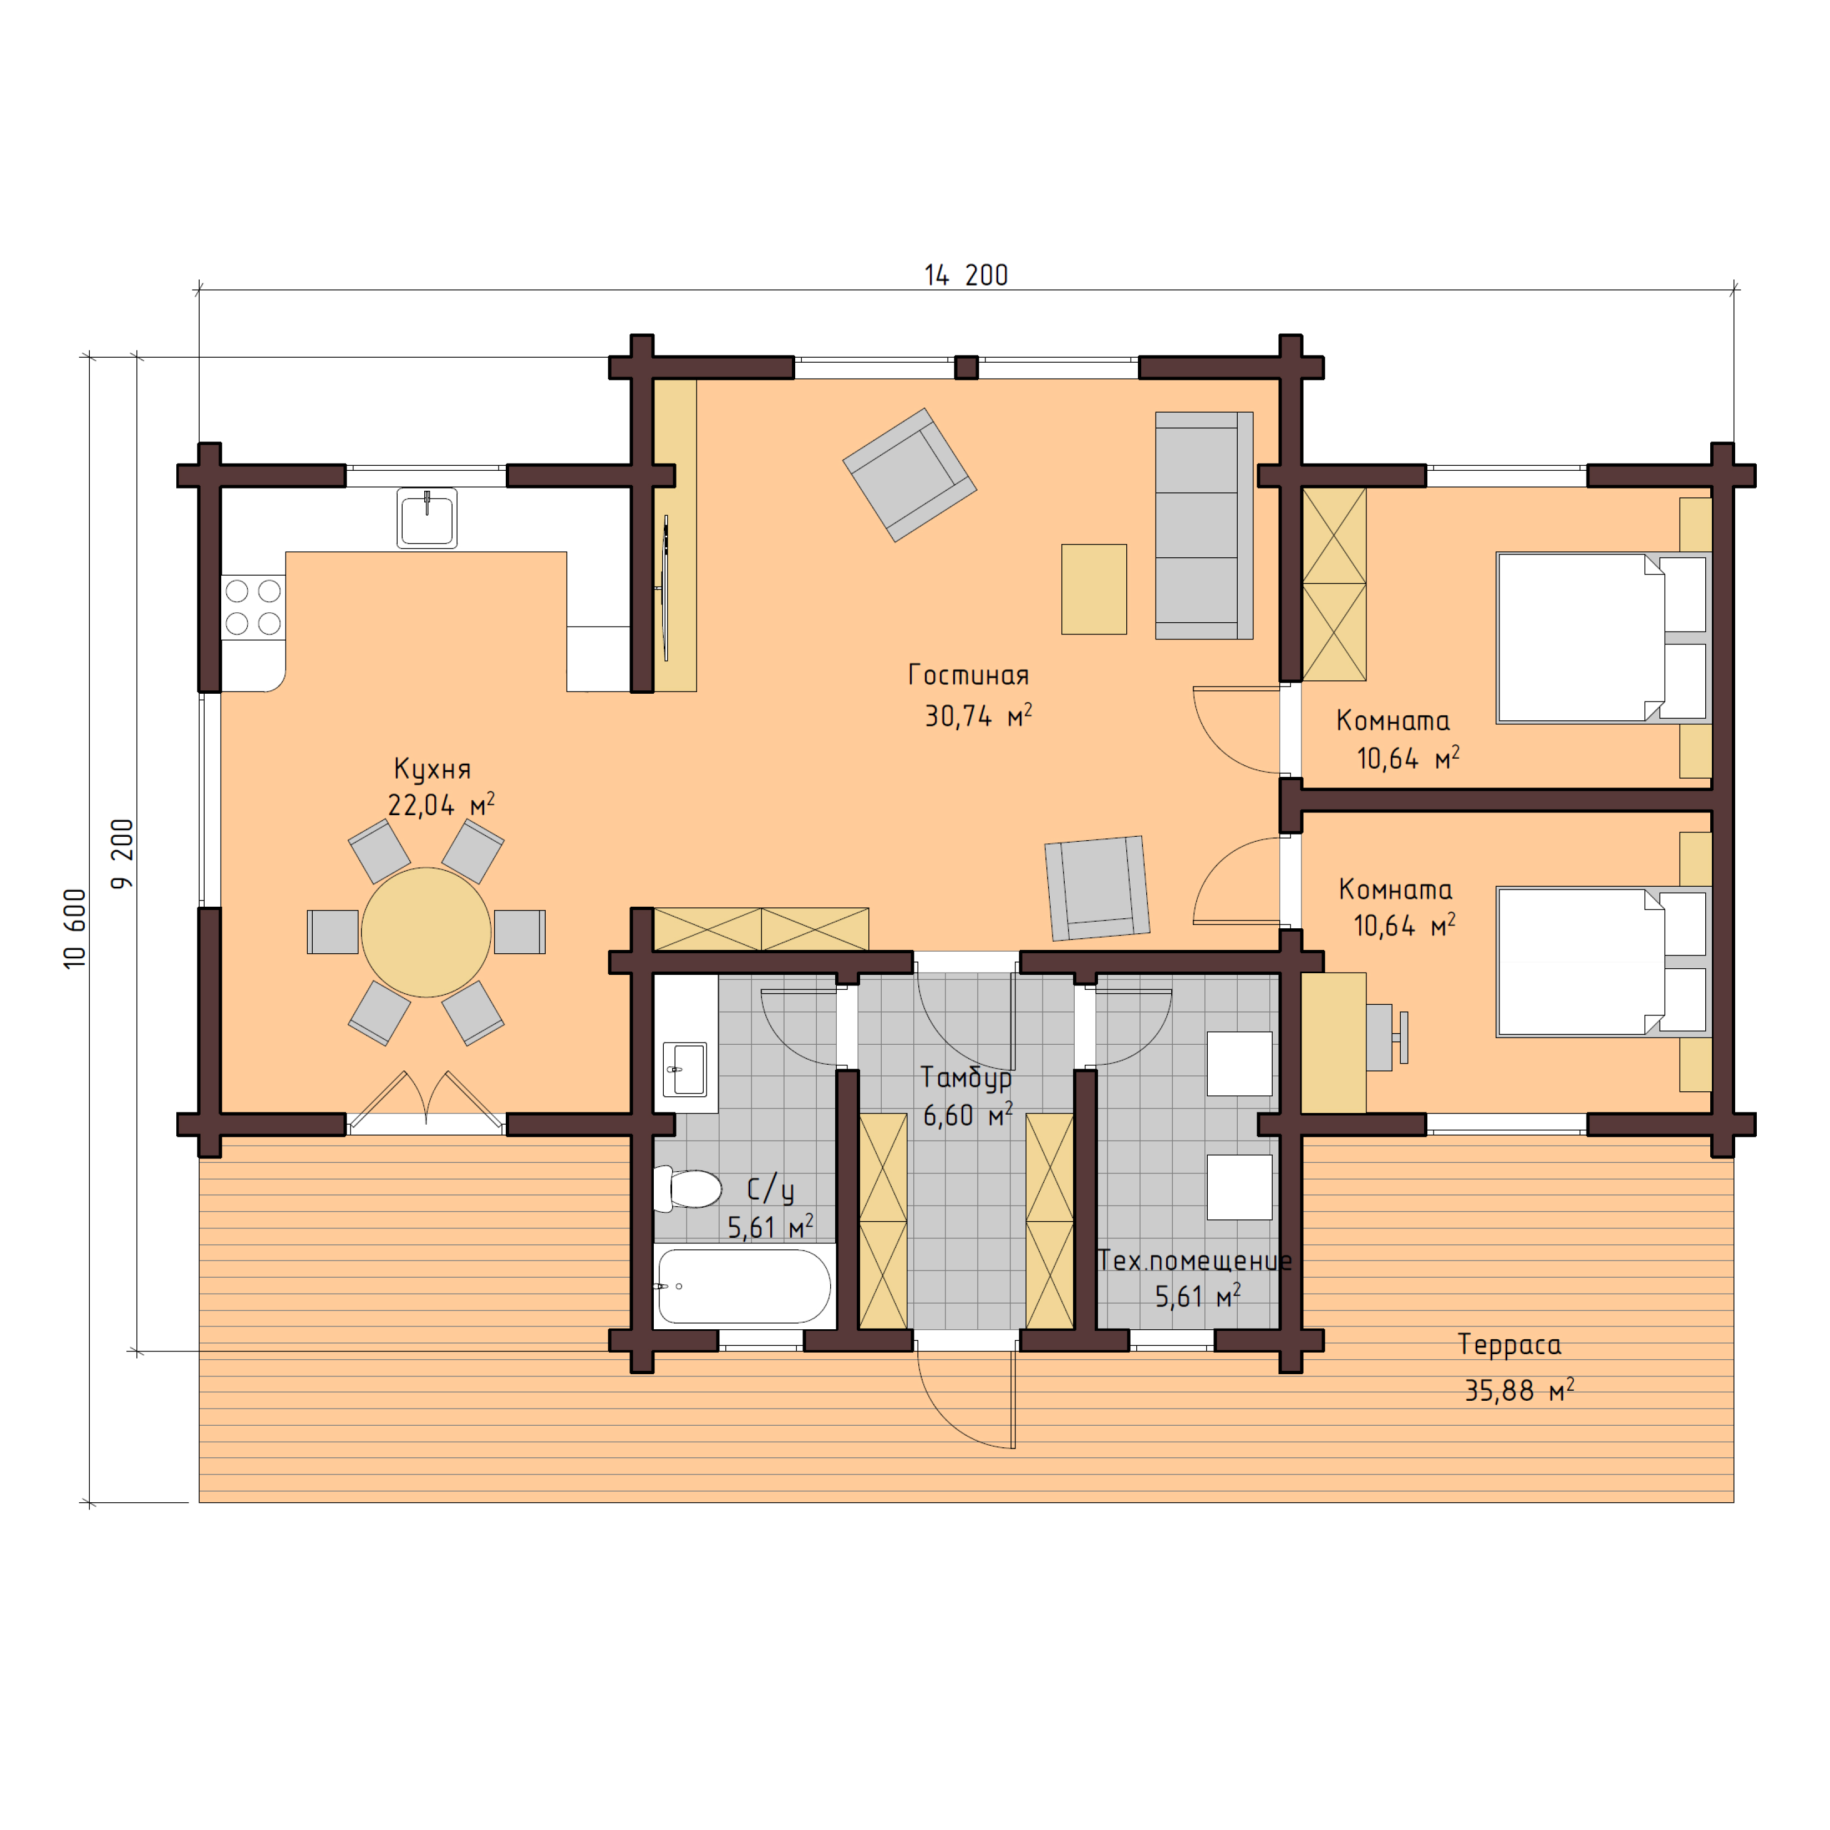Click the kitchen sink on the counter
point(426,518)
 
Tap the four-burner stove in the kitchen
point(253,607)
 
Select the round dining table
point(426,932)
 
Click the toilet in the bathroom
point(689,1189)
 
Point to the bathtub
point(745,1285)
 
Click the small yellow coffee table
point(1094,588)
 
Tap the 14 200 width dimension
point(966,276)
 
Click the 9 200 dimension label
point(122,853)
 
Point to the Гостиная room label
point(968,675)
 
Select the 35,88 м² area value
point(1519,1390)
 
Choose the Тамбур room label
point(966,1078)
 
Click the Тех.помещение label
point(1194,1260)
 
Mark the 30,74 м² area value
point(978,716)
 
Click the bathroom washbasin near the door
point(685,1069)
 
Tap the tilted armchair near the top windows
point(909,475)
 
